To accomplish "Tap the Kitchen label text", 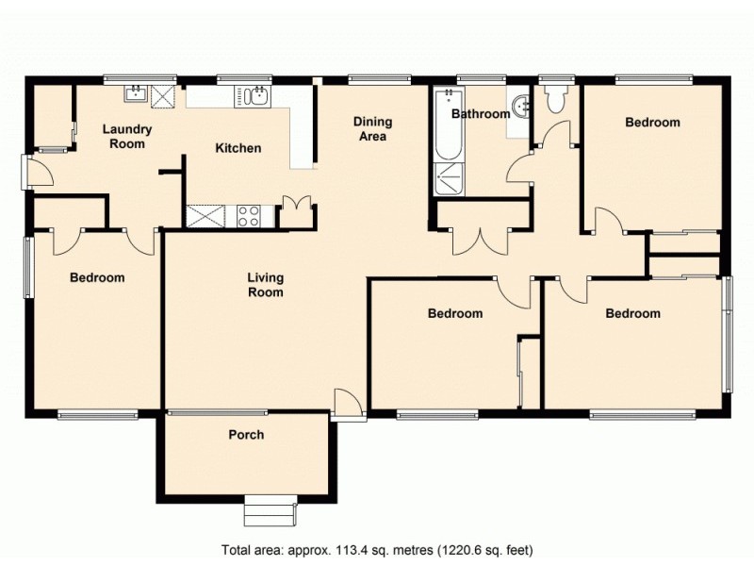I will tap(238, 148).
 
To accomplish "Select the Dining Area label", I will tap(372, 129).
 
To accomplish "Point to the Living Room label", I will tap(266, 285).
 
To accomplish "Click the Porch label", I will tap(246, 435).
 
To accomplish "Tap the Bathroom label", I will tap(480, 114).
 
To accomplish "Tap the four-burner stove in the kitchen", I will tap(250, 216).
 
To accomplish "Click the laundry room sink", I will tap(136, 92).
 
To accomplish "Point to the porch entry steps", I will tap(270, 512).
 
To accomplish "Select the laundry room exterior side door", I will tap(34, 173).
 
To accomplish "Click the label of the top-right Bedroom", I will tap(652, 123).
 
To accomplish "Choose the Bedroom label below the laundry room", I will tap(98, 277).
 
